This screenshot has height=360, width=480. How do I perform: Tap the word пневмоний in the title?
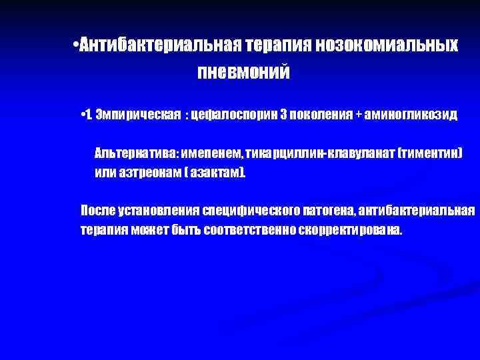click(243, 71)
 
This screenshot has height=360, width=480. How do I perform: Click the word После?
click(98, 211)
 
